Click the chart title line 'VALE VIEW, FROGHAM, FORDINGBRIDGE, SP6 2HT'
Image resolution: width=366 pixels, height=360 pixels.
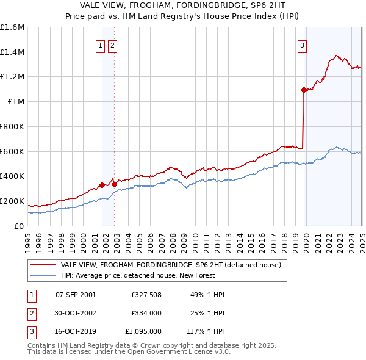tap(182, 5)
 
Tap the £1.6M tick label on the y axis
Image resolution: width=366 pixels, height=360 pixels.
tap(12, 27)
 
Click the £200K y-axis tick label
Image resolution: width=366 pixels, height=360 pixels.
tap(12, 201)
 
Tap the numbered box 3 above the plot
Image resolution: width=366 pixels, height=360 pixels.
tap(302, 45)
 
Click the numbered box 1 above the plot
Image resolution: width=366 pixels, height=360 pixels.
tap(99, 45)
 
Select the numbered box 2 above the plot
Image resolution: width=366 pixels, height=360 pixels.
tap(113, 45)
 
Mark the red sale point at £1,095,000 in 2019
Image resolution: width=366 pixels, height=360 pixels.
tap(304, 90)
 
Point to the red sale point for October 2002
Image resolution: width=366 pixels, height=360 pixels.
tap(115, 184)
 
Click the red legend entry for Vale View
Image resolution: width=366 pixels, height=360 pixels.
tap(170, 265)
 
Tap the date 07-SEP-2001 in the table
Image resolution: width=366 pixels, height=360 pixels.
tap(76, 295)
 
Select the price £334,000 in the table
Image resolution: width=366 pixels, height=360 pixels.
tap(146, 313)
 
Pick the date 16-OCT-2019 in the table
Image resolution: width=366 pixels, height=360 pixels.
tap(76, 331)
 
